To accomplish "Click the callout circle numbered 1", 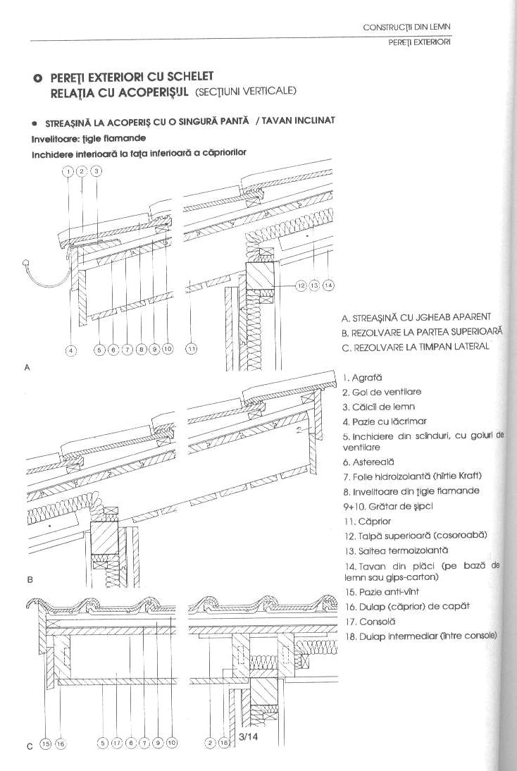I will [68, 171].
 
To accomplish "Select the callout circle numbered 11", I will [191, 348].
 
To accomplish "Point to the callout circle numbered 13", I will [314, 285].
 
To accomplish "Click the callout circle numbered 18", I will [223, 742].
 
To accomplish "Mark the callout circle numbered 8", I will [142, 348].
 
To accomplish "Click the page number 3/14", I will [248, 738].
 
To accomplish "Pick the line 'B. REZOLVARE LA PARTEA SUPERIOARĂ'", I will [421, 331].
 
